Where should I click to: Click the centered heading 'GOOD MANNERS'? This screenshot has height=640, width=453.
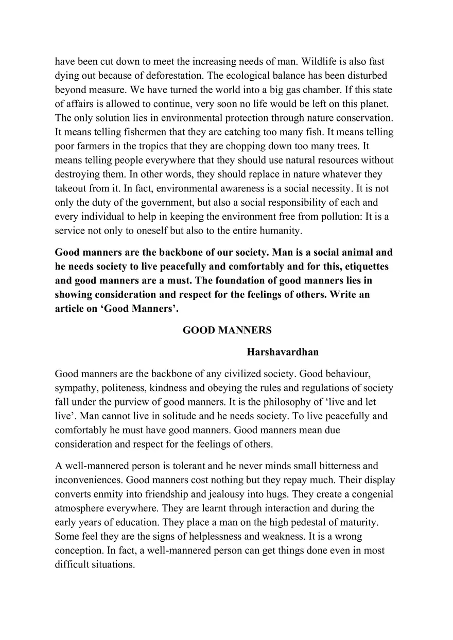(227, 330)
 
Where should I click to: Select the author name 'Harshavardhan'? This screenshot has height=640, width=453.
(283, 352)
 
